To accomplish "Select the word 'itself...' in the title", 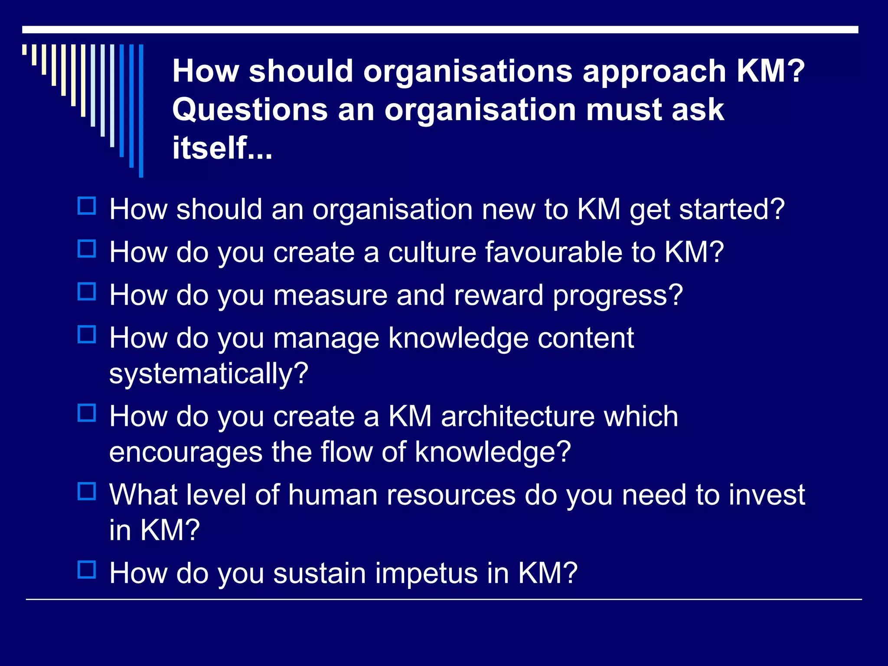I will click(222, 148).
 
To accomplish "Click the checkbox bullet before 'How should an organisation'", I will click(87, 206).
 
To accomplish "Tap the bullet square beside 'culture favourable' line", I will click(87, 249).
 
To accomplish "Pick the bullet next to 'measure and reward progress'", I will click(87, 291).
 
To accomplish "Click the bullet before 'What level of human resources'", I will click(87, 491).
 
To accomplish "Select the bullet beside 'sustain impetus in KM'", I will click(87, 570).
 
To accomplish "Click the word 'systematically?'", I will click(209, 373).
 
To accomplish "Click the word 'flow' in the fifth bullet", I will click(346, 452).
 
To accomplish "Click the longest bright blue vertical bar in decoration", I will click(141, 111).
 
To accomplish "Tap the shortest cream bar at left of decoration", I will click(24, 49).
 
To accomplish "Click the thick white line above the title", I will click(440, 29).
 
